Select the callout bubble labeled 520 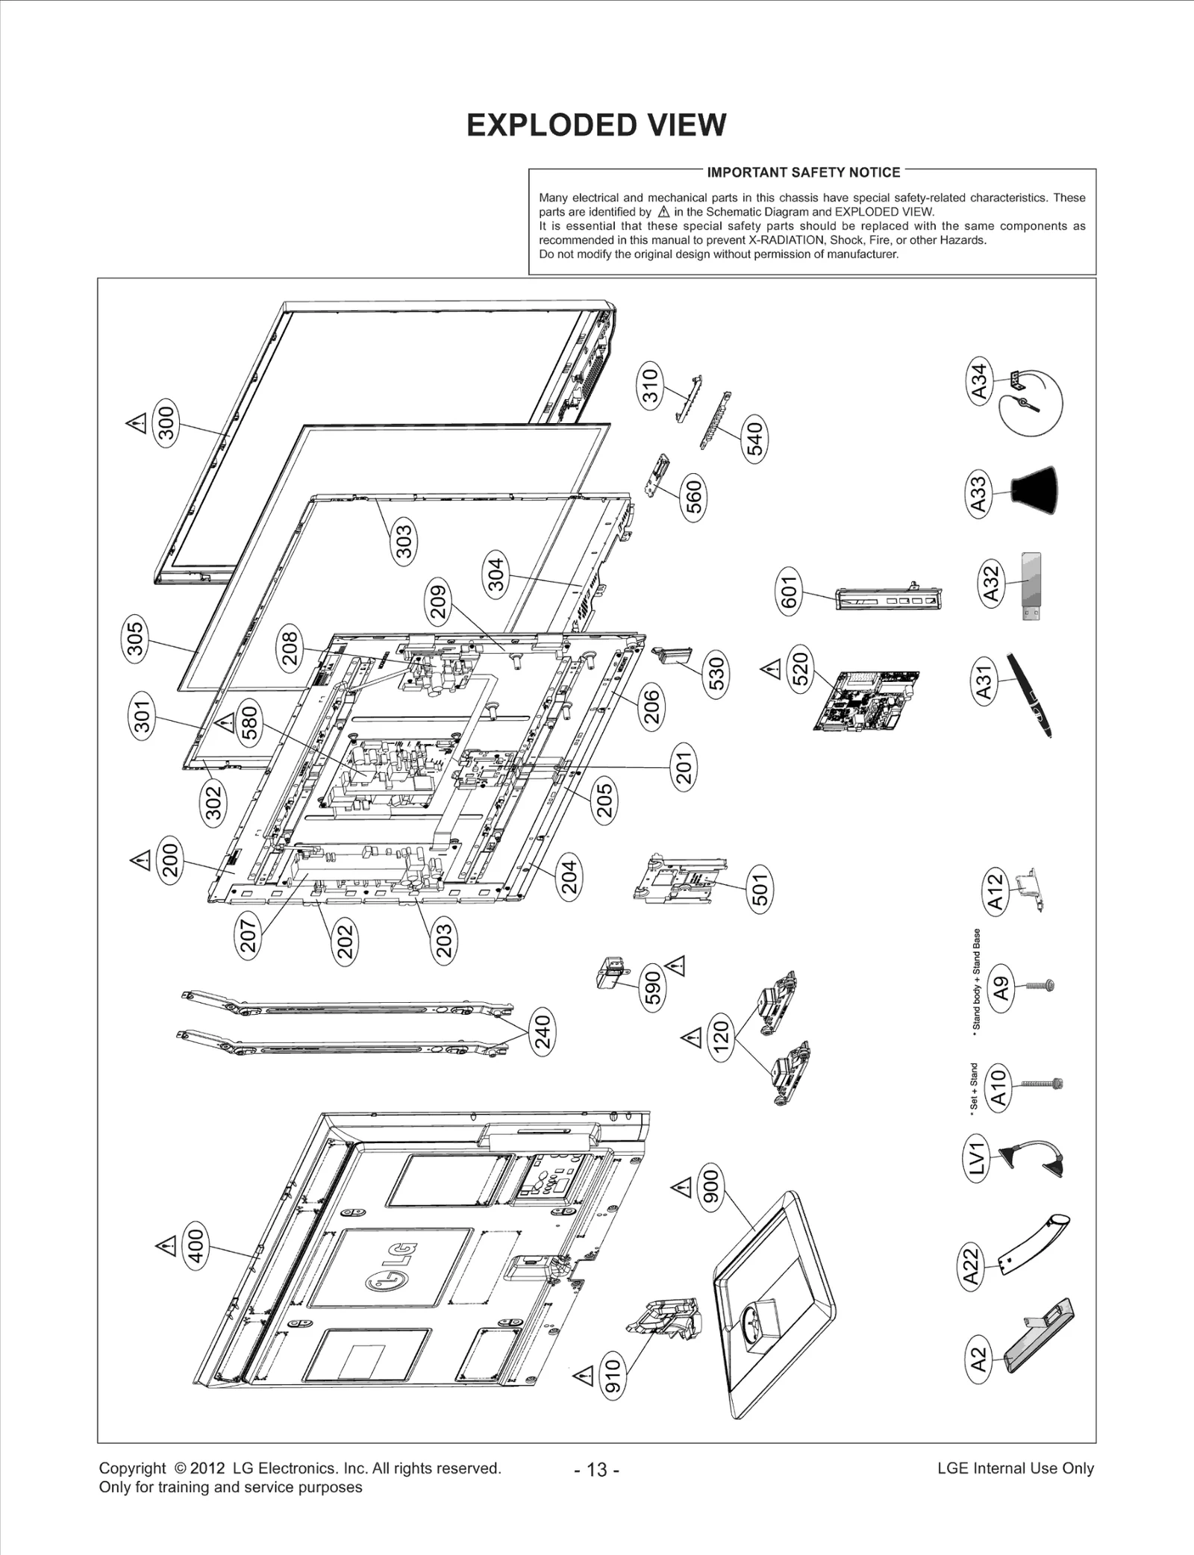[800, 669]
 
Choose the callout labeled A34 [979, 380]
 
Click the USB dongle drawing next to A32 [1031, 586]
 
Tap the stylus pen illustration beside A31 [1030, 694]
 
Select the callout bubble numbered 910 [612, 1377]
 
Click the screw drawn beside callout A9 [1040, 986]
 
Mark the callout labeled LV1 [977, 1157]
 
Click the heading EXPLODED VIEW [596, 125]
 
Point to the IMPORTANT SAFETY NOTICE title [804, 172]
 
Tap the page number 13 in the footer [597, 1469]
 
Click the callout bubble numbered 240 [543, 1033]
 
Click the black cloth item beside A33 [1036, 490]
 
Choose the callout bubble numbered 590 [653, 987]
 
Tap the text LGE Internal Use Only [1015, 1468]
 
